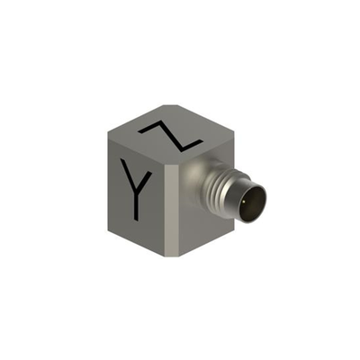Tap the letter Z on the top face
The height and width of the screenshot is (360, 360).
click(170, 136)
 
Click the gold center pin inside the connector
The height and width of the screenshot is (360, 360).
click(247, 202)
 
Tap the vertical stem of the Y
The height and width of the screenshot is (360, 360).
click(137, 207)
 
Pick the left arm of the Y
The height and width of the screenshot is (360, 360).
click(128, 175)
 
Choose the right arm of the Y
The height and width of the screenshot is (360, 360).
click(144, 182)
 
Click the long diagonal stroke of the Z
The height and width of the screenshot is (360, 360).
click(170, 136)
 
